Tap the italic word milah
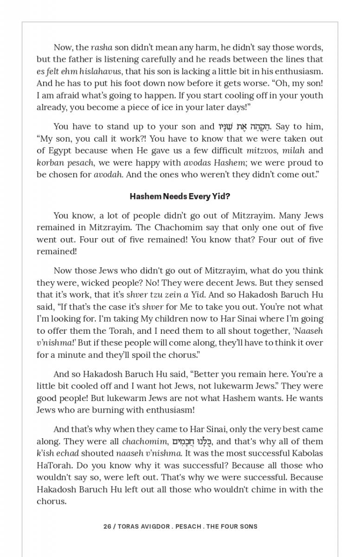[x=293, y=150]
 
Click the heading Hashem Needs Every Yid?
[x=180, y=196]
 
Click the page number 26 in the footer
[x=107, y=526]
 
